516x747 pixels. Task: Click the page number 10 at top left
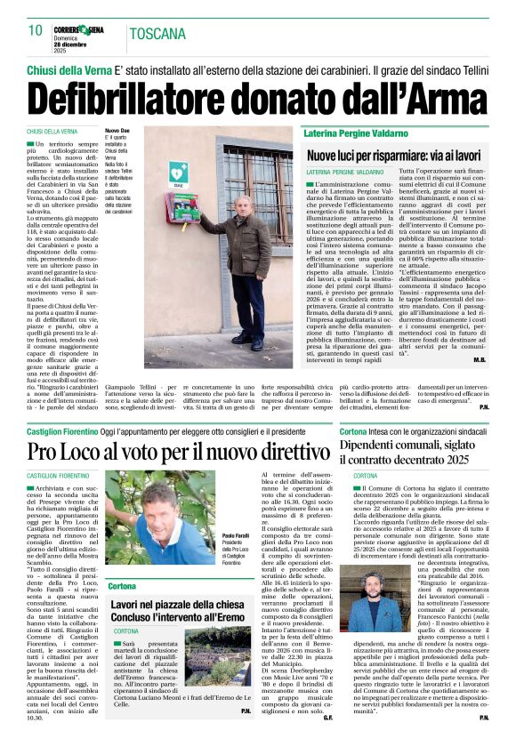(x=36, y=30)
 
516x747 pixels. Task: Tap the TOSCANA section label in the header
(x=155, y=35)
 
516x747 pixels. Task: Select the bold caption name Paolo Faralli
(x=236, y=536)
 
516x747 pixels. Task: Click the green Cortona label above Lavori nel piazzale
(x=122, y=587)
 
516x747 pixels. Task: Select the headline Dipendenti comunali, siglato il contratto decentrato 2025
(x=415, y=451)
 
